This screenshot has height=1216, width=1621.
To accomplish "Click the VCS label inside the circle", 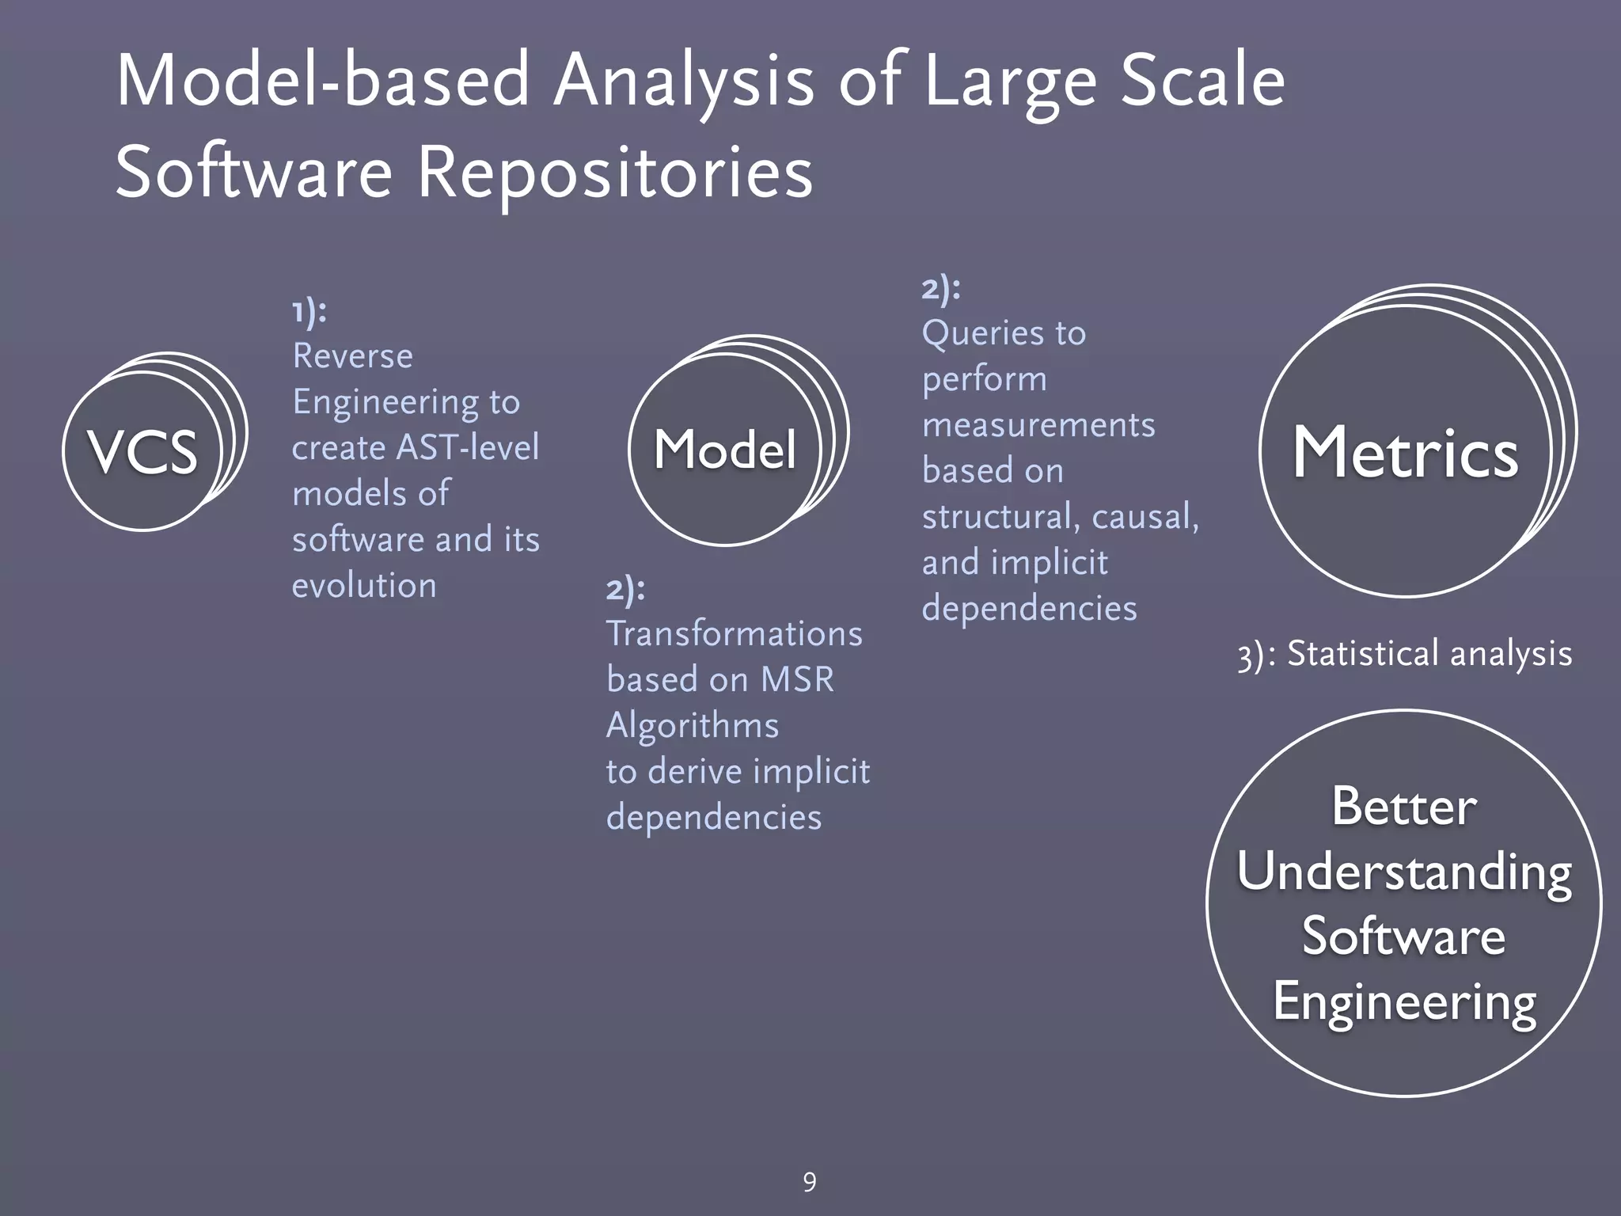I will [142, 452].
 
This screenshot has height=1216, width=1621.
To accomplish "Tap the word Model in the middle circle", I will [724, 450].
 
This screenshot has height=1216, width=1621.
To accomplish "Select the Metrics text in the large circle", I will [1405, 453].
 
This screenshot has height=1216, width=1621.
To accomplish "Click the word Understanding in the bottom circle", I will [1404, 872].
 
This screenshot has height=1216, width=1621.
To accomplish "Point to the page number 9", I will [809, 1182].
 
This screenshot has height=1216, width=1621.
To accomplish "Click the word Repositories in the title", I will [614, 173].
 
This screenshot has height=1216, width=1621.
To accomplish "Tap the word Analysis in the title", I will [683, 81].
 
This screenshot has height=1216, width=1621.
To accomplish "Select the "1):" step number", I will [309, 311].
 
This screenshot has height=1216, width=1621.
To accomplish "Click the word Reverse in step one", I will [352, 356].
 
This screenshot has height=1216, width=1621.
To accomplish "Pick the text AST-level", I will [467, 447].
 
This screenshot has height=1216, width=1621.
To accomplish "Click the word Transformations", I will [734, 634].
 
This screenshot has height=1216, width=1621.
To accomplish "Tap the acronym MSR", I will [797, 680].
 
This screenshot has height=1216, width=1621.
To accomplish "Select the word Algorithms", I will [693, 726].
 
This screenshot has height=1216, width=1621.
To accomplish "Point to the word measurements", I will [1038, 425].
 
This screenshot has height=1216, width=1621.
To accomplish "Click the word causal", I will [1145, 517].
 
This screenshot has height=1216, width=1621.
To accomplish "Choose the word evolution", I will [364, 586].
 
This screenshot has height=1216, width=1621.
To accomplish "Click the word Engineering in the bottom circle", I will [1404, 1002].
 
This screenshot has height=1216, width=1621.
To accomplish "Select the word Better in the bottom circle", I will [1404, 807].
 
